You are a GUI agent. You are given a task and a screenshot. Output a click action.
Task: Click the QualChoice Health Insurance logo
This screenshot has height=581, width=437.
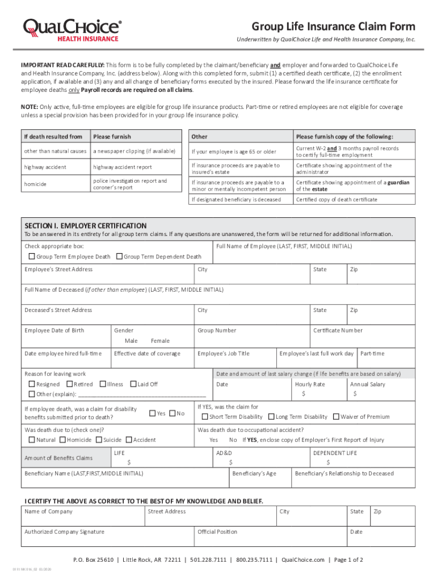(x=72, y=29)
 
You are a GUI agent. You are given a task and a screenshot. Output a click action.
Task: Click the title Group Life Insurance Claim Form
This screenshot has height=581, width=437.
(x=333, y=27)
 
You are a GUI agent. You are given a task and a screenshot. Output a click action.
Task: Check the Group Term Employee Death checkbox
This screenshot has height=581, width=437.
(x=32, y=256)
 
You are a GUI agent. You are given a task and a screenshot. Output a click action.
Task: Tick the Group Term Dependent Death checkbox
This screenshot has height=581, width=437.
(x=119, y=256)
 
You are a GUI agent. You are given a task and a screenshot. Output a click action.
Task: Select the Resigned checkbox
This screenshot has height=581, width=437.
(x=32, y=384)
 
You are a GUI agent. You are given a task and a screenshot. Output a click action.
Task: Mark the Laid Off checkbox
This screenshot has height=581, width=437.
(x=133, y=384)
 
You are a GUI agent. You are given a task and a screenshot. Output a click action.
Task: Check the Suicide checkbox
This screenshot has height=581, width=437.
(x=99, y=440)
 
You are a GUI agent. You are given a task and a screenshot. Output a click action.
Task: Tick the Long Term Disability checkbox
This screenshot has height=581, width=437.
(x=271, y=417)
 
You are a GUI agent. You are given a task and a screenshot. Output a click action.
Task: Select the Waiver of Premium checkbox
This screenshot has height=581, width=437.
(x=336, y=417)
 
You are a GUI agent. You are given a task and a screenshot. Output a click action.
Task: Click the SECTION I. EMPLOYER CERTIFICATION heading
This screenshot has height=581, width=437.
(x=85, y=225)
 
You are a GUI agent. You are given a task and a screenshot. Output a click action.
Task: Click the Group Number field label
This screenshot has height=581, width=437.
(x=217, y=330)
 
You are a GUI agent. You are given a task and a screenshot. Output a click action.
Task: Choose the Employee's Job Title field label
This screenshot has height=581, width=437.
(x=223, y=353)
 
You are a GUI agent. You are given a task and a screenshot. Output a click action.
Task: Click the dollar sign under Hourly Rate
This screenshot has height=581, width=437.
(x=304, y=393)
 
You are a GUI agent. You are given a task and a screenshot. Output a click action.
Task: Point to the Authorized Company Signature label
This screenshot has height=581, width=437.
(x=64, y=532)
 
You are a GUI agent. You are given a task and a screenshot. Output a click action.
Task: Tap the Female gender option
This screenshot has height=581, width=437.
(x=160, y=340)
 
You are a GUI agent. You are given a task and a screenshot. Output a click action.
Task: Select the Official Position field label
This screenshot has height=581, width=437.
(x=217, y=532)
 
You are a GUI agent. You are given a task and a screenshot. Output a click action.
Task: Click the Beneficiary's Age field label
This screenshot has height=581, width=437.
(x=254, y=473)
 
